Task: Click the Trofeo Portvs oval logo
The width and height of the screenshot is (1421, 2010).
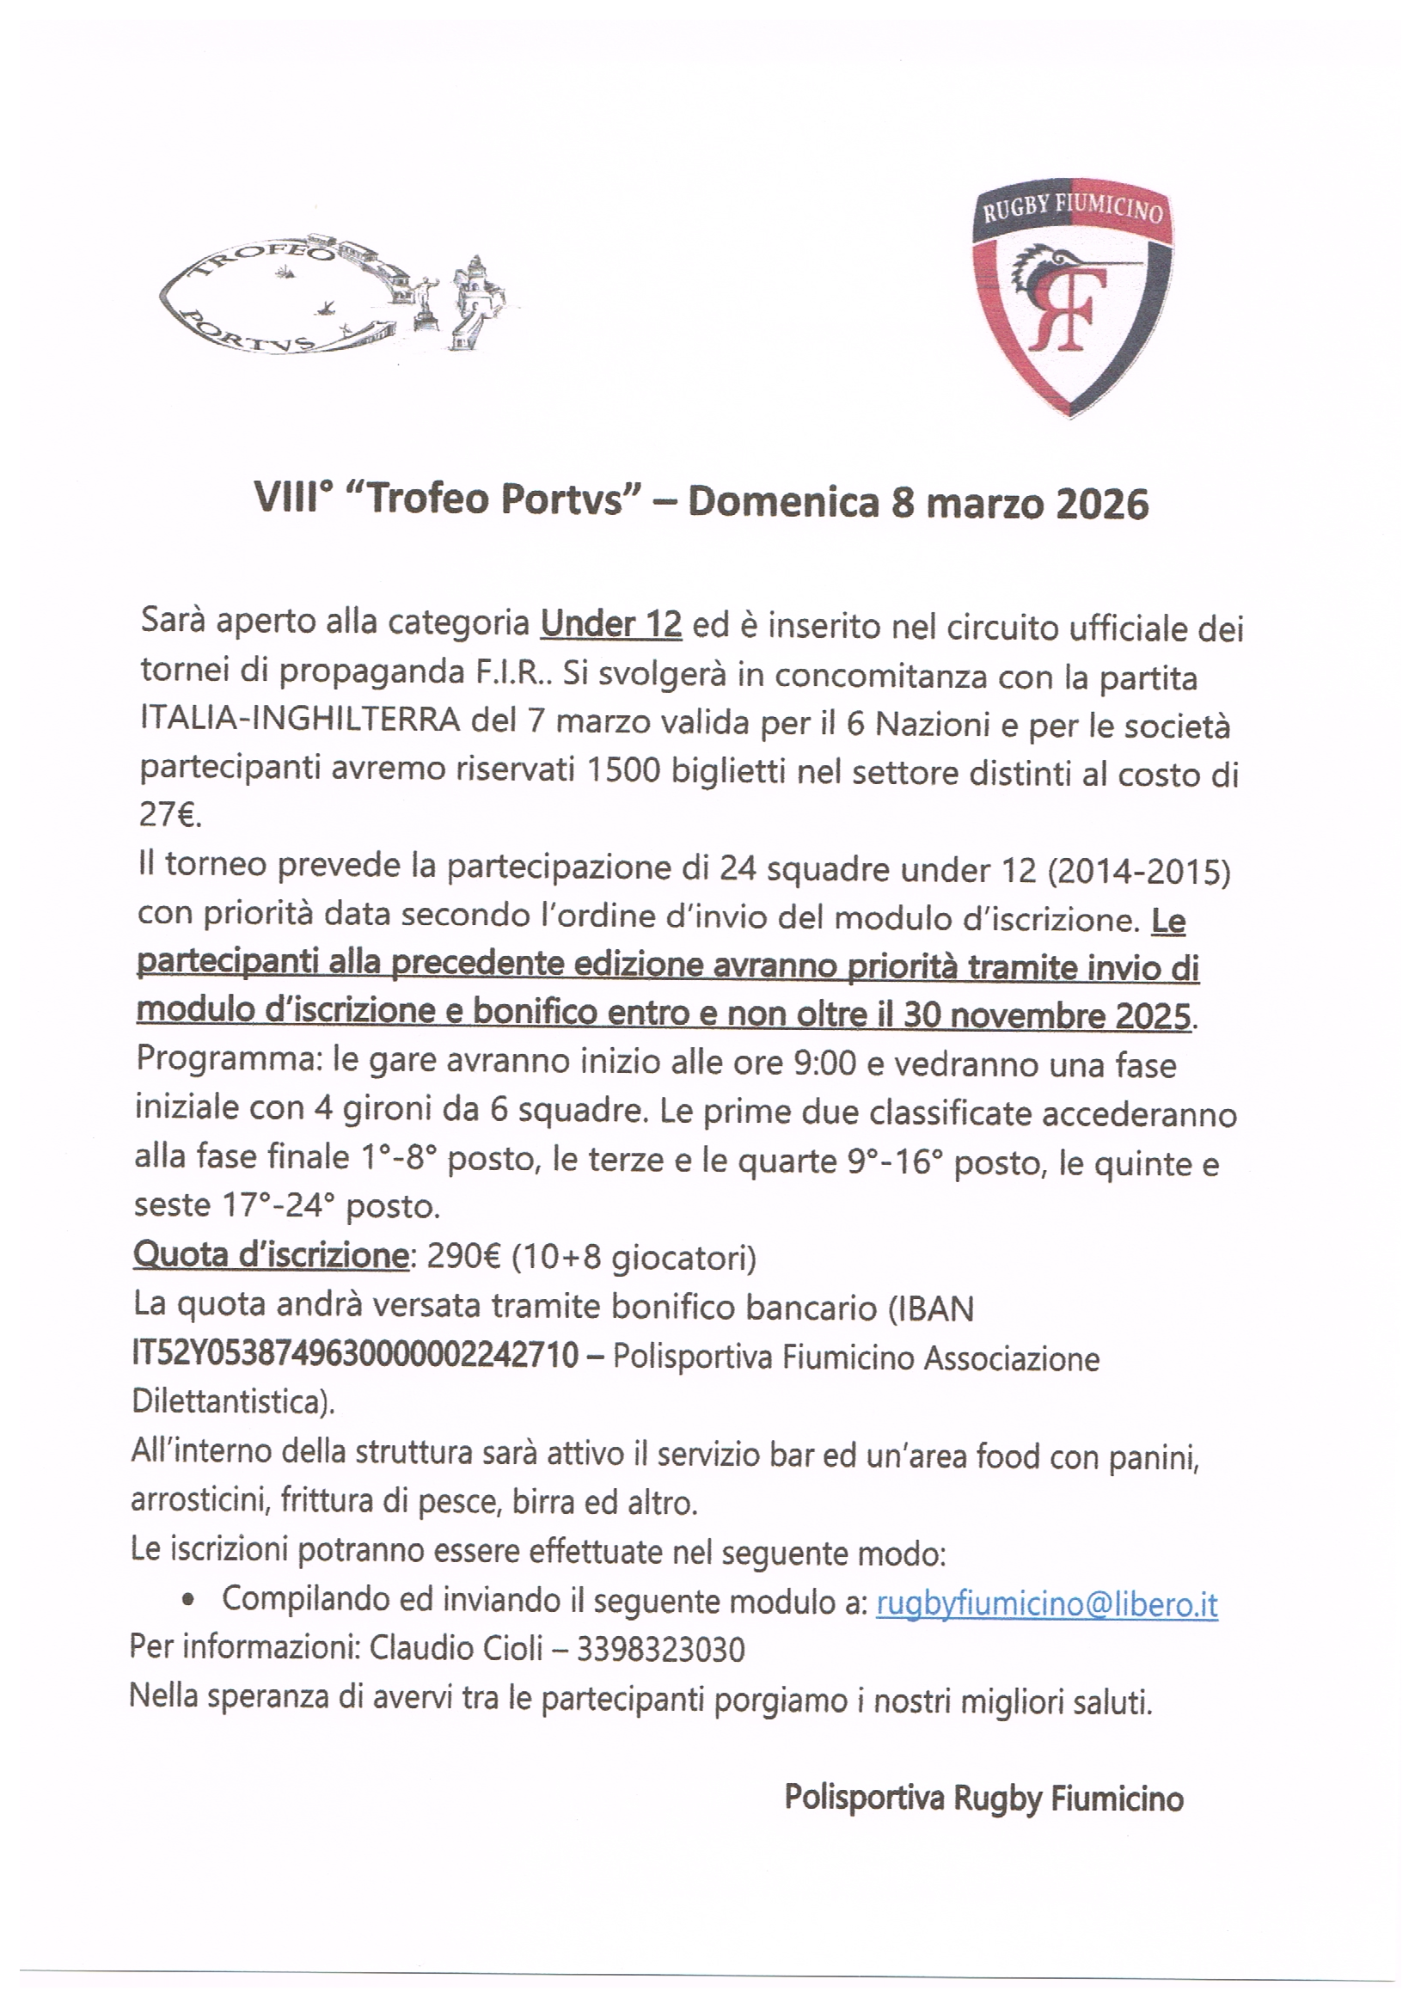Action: [333, 297]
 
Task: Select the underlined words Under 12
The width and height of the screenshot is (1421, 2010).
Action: [610, 624]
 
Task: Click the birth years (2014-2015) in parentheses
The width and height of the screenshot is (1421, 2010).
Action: [1138, 872]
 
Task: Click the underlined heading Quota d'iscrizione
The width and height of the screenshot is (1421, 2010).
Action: [271, 1255]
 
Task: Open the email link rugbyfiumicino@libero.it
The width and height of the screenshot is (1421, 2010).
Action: [1046, 1604]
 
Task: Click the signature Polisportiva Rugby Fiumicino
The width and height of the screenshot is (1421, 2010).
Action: [983, 1799]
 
